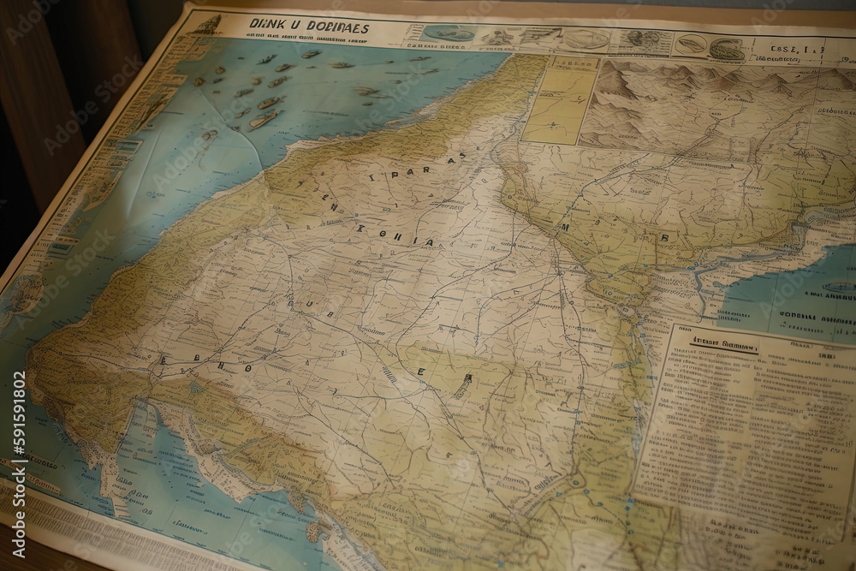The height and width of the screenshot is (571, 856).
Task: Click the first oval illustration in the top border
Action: click(x=449, y=33)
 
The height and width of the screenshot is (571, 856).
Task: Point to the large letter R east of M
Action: click(x=664, y=237)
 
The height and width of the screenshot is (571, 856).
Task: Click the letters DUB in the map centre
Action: click(x=302, y=304)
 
